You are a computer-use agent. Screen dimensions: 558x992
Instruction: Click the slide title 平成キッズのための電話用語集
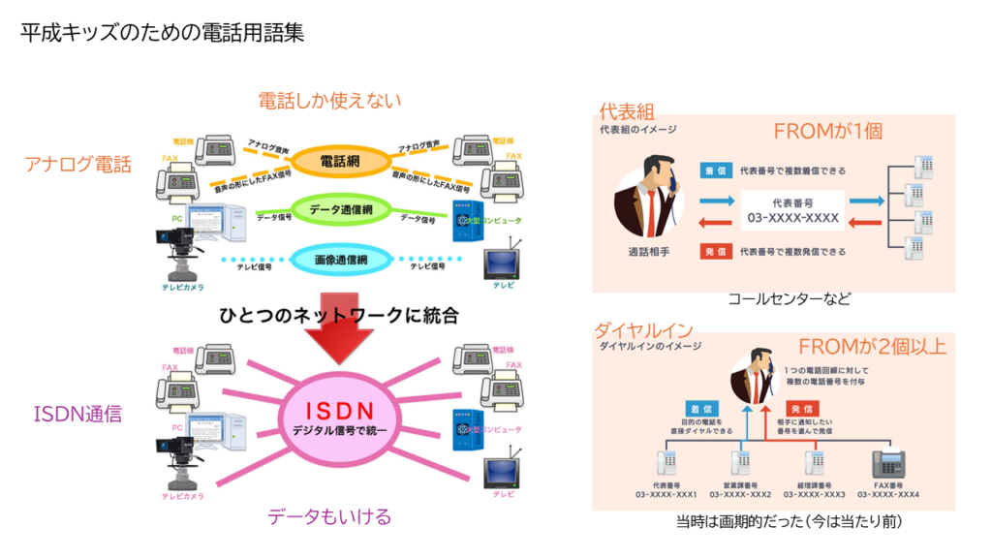(163, 33)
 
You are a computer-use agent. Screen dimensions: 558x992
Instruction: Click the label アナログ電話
(77, 165)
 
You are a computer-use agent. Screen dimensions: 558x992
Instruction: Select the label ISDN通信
(77, 416)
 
